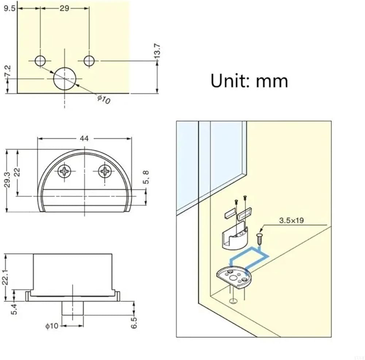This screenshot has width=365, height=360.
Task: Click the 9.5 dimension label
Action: click(9, 8)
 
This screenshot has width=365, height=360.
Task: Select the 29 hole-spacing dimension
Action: click(65, 8)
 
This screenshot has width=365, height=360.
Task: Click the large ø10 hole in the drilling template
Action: click(65, 79)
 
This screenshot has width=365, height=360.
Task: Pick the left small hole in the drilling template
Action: click(41, 61)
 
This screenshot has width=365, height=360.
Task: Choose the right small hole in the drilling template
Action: click(89, 61)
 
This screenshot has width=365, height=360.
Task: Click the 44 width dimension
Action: click(84, 139)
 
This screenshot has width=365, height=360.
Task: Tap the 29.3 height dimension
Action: click(8, 180)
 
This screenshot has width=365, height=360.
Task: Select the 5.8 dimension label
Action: click(146, 177)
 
